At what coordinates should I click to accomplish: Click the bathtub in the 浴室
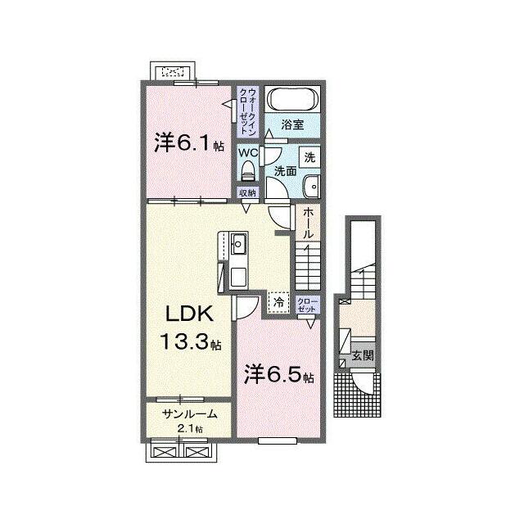tap(293, 98)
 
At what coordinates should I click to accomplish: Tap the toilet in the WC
tap(247, 171)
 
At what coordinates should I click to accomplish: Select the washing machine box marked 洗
tap(309, 157)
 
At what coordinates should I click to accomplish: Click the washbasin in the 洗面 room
tap(311, 187)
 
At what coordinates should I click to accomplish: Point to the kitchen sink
tap(239, 244)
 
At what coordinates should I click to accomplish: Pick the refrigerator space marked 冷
tap(278, 302)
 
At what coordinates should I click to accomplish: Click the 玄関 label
tap(364, 355)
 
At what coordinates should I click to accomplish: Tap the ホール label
tap(308, 224)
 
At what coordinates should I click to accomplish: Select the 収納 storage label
tap(247, 193)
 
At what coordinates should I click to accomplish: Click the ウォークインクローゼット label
tap(247, 111)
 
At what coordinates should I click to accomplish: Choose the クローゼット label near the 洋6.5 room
tap(308, 305)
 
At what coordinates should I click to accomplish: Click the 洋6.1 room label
tap(189, 143)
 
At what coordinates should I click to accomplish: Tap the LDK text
tap(189, 314)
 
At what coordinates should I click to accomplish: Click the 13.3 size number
tap(186, 341)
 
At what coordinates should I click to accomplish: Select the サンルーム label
tap(189, 414)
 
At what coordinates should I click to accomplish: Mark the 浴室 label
tap(292, 124)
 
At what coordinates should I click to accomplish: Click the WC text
tap(247, 153)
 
